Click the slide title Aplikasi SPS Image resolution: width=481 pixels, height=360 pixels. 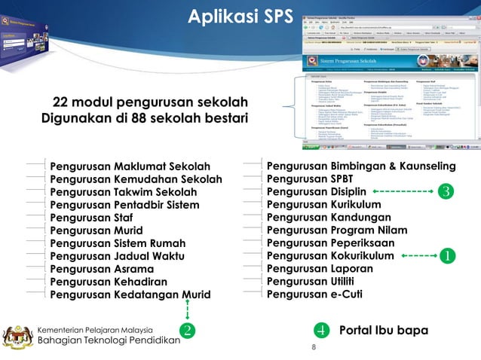pyautogui.click(x=235, y=17)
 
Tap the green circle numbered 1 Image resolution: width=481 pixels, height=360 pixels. pyautogui.click(x=447, y=256)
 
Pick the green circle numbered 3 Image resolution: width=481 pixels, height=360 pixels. pyautogui.click(x=447, y=192)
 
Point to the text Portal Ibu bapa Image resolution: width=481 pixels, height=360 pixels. pyautogui.click(x=384, y=331)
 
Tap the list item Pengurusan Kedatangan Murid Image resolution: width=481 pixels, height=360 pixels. pyautogui.click(x=130, y=294)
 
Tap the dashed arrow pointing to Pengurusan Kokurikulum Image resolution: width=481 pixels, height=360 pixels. pyautogui.click(x=416, y=256)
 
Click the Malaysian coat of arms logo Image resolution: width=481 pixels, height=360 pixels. pyautogui.click(x=17, y=336)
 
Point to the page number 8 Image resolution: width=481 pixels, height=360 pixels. pyautogui.click(x=314, y=348)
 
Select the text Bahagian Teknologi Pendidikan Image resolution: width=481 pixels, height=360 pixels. pyautogui.click(x=109, y=342)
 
